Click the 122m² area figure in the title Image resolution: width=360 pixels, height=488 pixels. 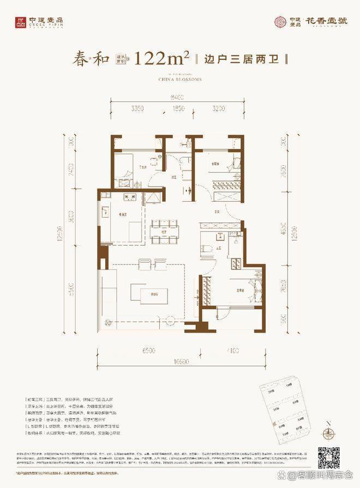tap(163, 58)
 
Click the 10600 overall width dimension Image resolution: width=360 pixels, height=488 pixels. tap(179, 361)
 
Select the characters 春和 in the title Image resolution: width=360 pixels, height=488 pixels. tap(90, 58)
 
